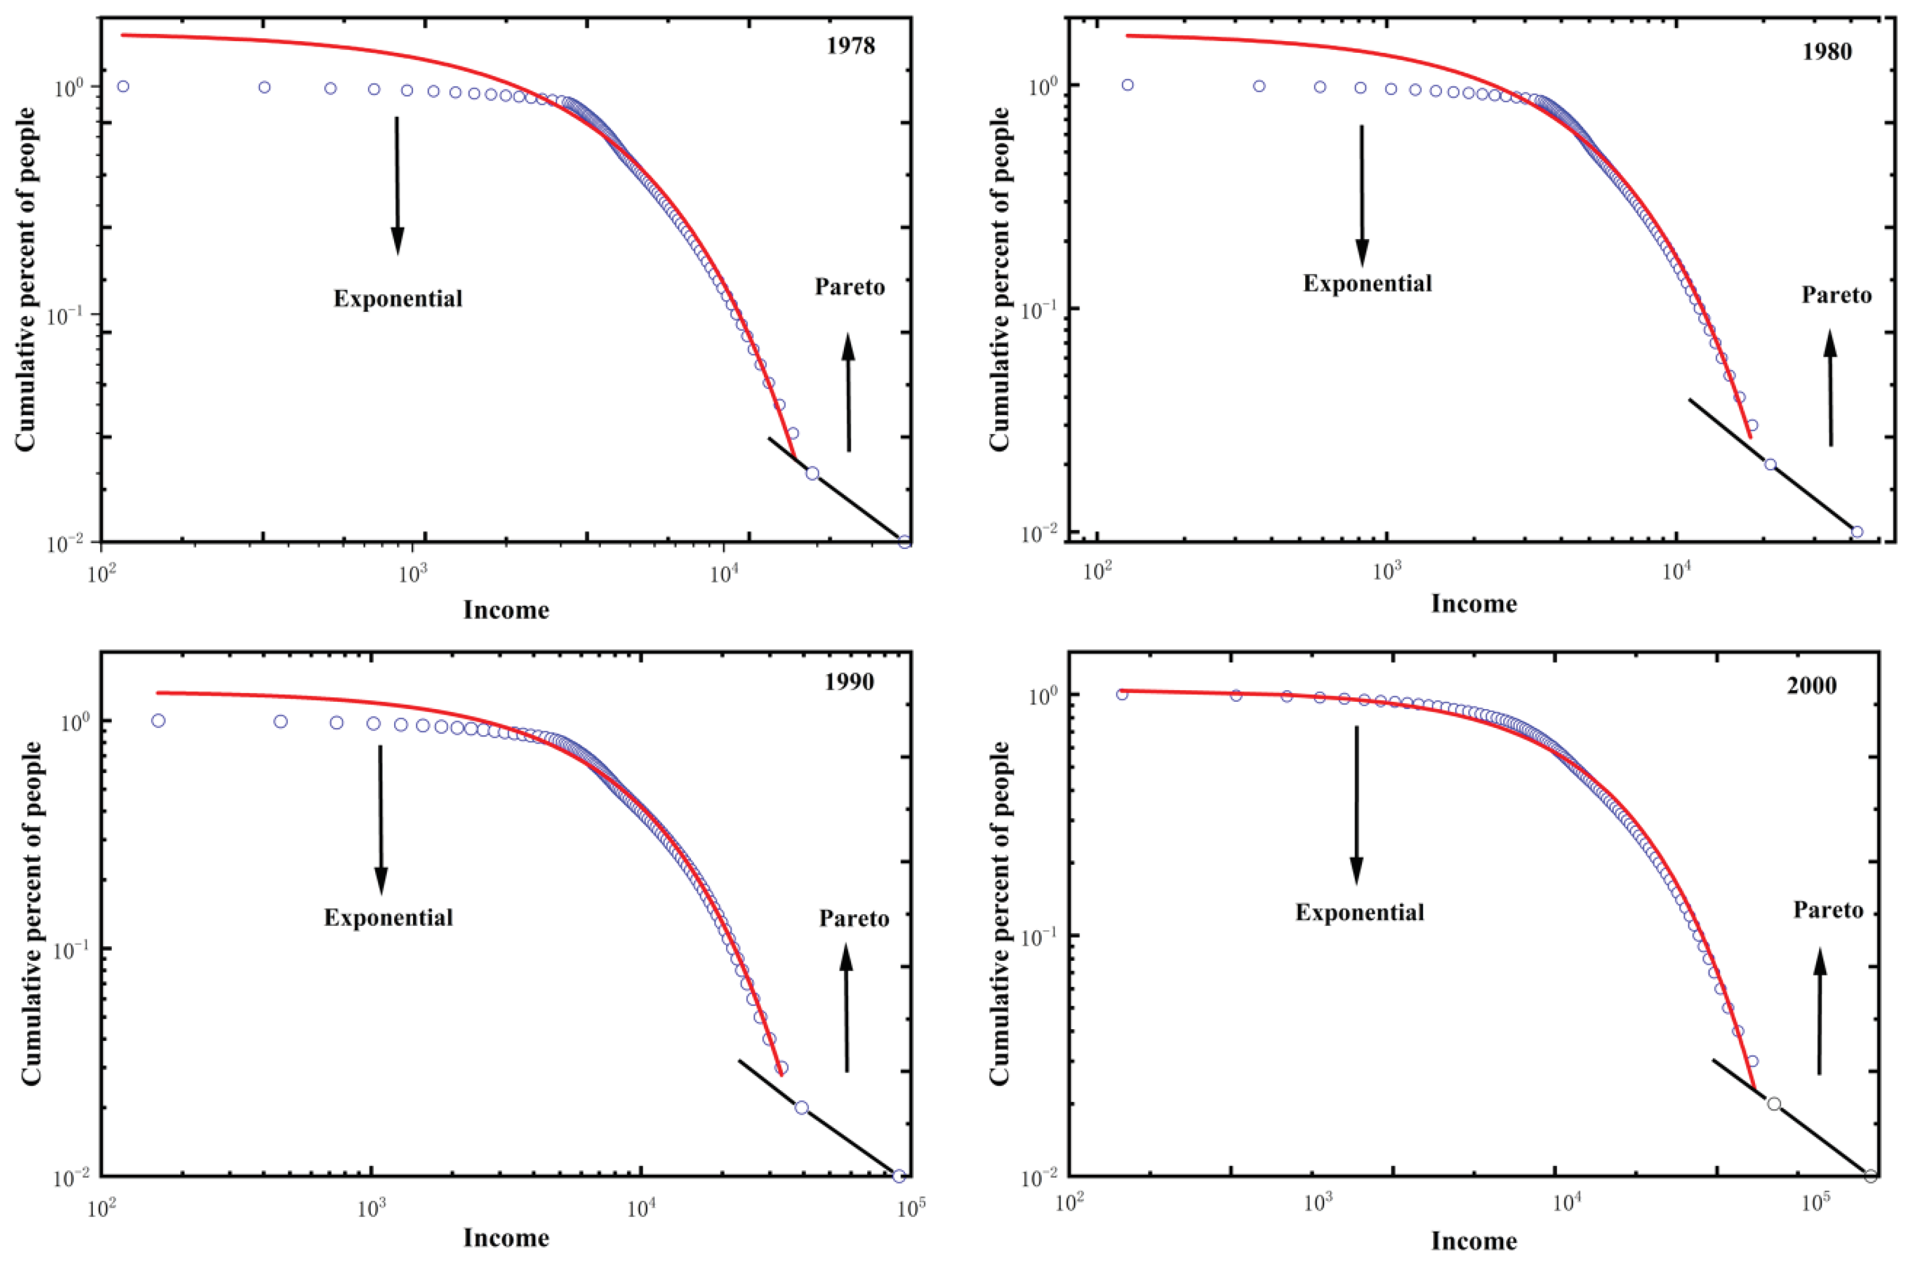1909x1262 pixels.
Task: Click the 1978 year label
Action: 850,46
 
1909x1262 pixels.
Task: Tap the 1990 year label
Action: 849,682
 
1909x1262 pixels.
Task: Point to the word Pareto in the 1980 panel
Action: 1837,296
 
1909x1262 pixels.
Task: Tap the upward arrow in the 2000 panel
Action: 1819,1010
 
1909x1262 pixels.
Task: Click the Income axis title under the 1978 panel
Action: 506,610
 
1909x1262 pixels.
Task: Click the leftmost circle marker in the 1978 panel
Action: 123,86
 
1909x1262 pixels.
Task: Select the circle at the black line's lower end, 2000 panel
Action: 1870,1176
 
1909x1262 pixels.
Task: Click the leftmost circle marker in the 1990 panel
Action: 158,720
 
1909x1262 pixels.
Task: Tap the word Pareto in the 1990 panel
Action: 854,919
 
